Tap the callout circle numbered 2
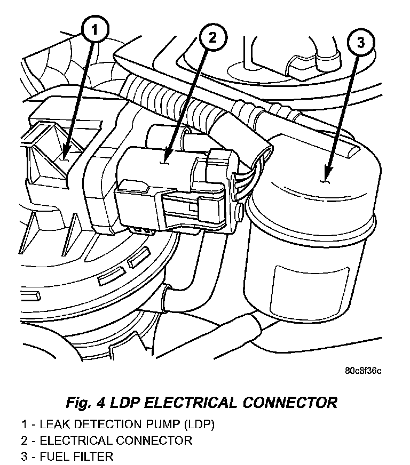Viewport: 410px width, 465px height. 212,38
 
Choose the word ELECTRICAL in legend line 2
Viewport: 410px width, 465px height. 75,440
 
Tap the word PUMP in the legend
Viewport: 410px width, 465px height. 159,425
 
